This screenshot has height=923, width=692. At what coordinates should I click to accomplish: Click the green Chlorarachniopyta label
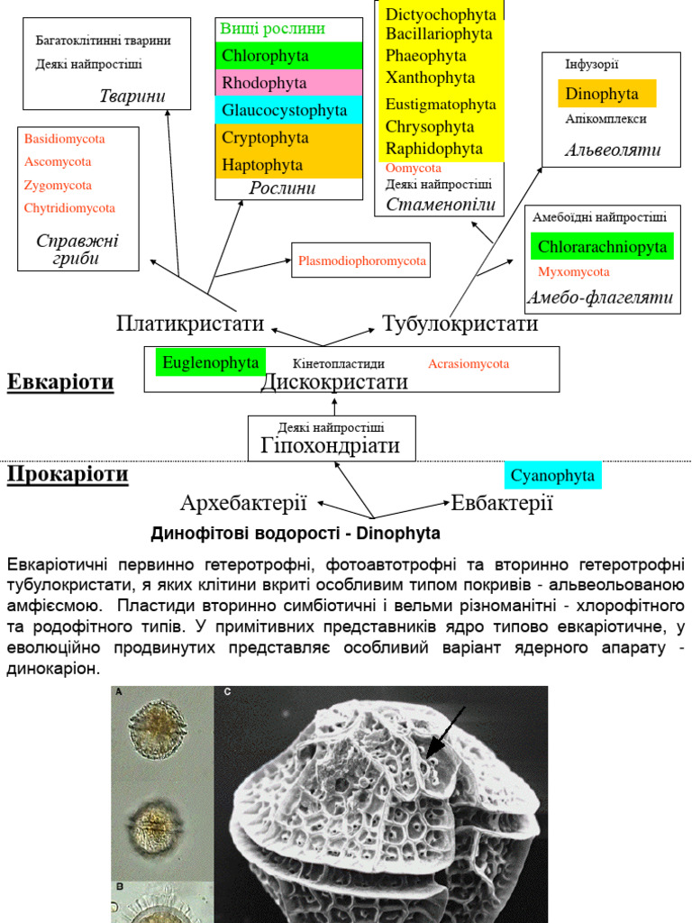click(602, 247)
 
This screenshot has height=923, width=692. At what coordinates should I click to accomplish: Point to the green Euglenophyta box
click(211, 362)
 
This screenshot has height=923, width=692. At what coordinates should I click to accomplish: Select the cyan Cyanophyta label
click(552, 475)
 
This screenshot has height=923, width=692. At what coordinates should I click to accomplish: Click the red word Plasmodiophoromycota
click(361, 262)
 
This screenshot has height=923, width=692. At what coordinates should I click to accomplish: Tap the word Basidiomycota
click(64, 139)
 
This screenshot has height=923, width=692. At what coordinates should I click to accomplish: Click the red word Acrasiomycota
click(469, 364)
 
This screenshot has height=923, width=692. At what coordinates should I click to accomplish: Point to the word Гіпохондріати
click(331, 445)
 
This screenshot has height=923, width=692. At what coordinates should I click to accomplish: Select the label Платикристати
click(189, 323)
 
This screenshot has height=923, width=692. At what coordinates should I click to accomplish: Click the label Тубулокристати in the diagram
click(460, 323)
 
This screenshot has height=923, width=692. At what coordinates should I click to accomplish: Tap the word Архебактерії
click(244, 503)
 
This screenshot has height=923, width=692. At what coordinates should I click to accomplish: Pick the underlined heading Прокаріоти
click(68, 474)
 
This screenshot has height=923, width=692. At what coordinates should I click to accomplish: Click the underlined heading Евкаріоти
click(60, 382)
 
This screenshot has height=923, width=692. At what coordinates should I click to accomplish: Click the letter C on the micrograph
click(227, 692)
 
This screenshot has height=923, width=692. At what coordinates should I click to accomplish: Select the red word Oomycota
click(414, 169)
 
